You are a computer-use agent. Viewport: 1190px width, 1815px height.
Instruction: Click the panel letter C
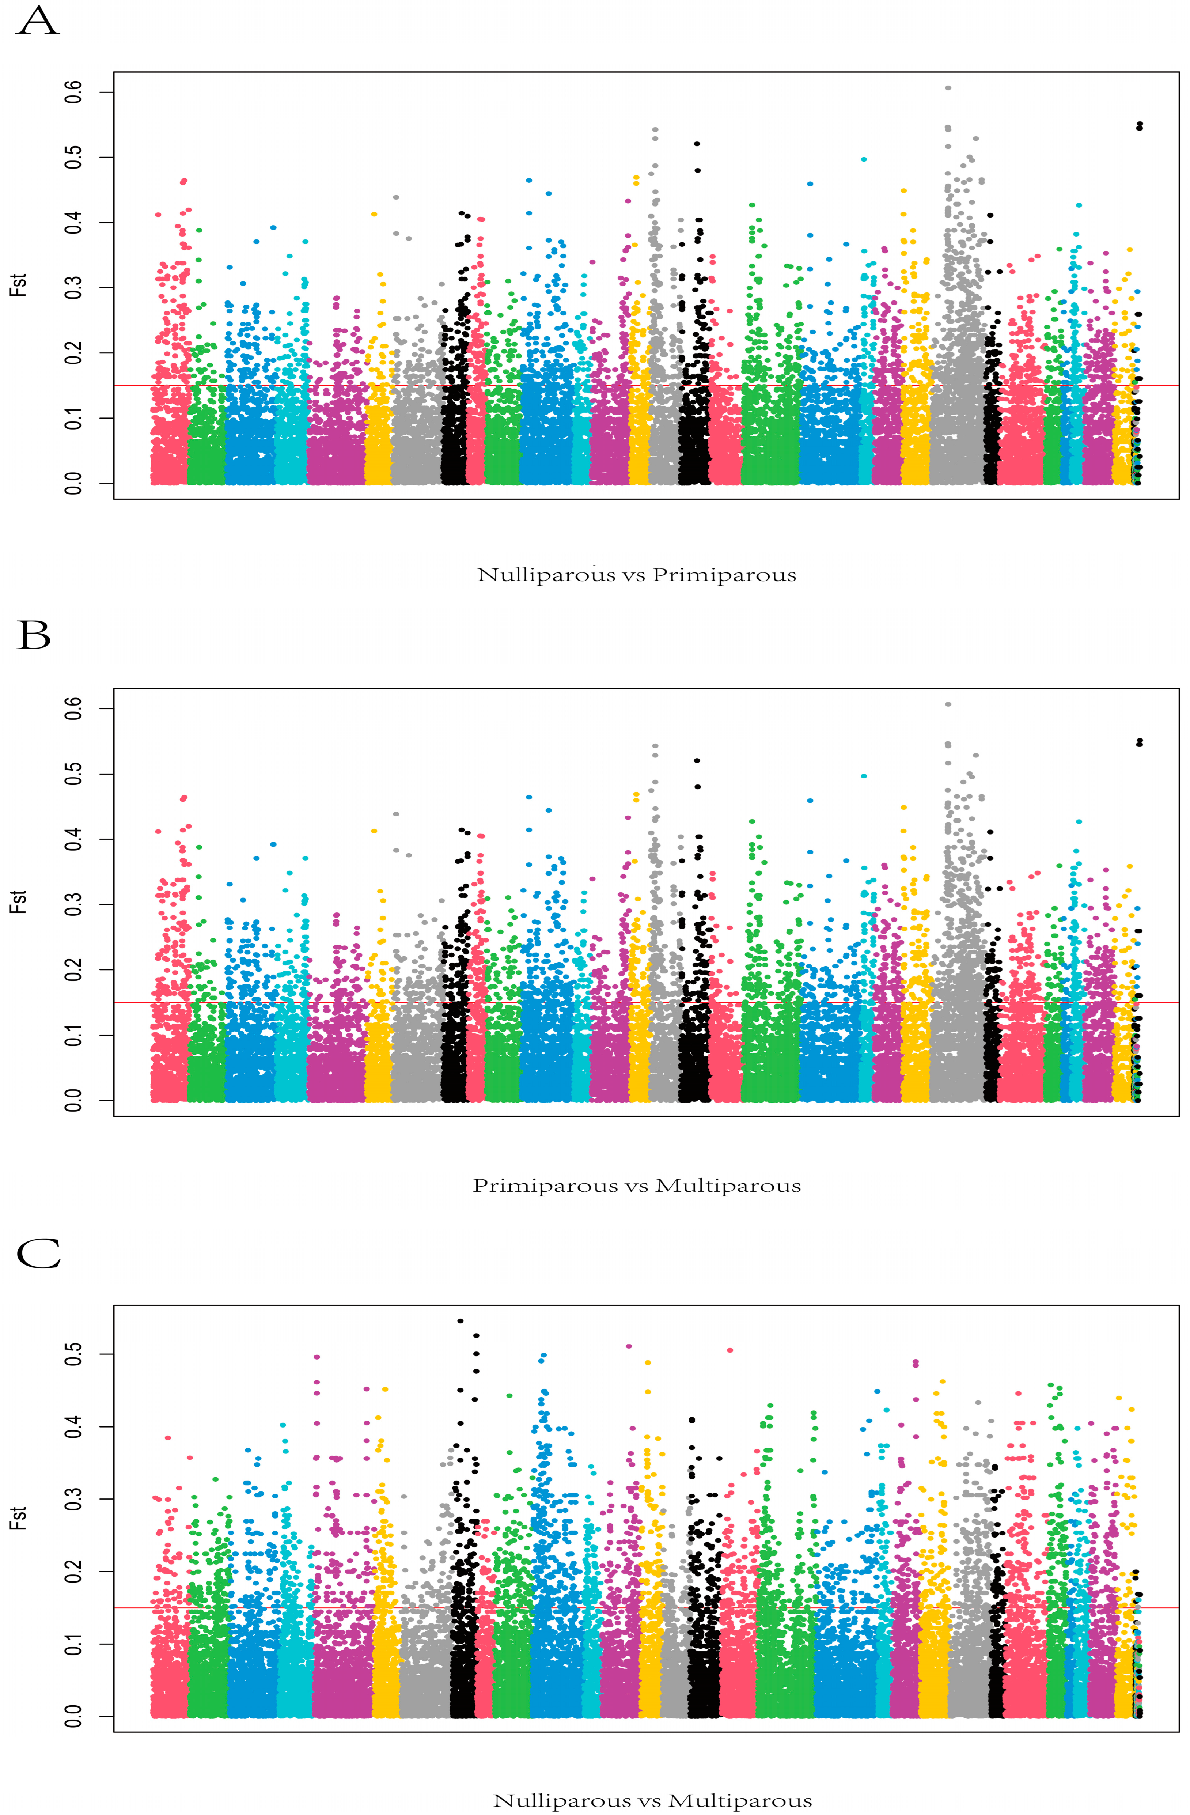[x=38, y=1253]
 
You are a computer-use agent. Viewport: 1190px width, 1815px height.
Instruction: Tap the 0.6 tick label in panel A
[x=73, y=92]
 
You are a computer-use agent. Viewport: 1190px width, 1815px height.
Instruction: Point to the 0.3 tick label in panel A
[x=73, y=287]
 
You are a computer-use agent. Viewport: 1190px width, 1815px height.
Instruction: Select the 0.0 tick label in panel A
[x=73, y=483]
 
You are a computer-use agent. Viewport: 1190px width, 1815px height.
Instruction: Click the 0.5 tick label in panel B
[x=73, y=774]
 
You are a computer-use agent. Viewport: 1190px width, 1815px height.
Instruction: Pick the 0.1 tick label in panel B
[x=73, y=1035]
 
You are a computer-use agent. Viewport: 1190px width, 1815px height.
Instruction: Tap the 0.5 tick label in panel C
[x=73, y=1354]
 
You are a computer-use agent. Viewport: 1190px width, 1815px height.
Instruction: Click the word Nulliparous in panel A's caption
[x=546, y=575]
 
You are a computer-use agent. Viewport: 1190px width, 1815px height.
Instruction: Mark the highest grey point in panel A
[x=948, y=88]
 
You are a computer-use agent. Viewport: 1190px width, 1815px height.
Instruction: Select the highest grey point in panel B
[x=948, y=705]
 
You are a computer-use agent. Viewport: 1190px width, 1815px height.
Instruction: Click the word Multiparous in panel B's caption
[x=728, y=1186]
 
